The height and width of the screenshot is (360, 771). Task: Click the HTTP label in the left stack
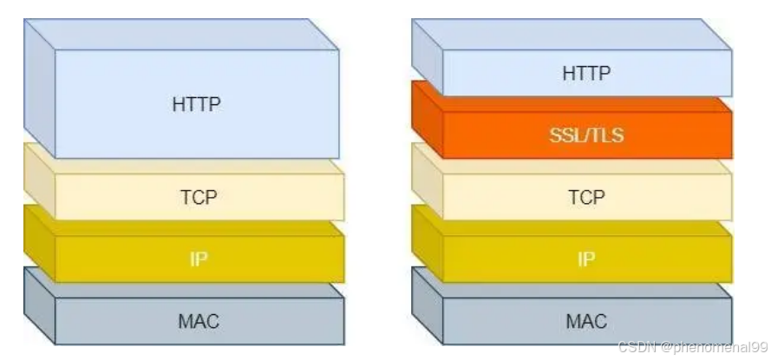point(197,105)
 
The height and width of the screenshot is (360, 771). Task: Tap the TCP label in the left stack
point(199,197)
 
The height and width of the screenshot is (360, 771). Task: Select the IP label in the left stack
point(199,259)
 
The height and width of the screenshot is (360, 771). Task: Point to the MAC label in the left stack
point(199,321)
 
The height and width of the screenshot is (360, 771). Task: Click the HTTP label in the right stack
point(586,74)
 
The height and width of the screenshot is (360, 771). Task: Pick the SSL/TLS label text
point(586,135)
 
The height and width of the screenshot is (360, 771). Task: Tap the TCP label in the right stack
point(586,197)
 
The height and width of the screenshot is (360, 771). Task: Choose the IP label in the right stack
point(587,259)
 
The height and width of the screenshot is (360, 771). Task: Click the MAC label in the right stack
point(586,321)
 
